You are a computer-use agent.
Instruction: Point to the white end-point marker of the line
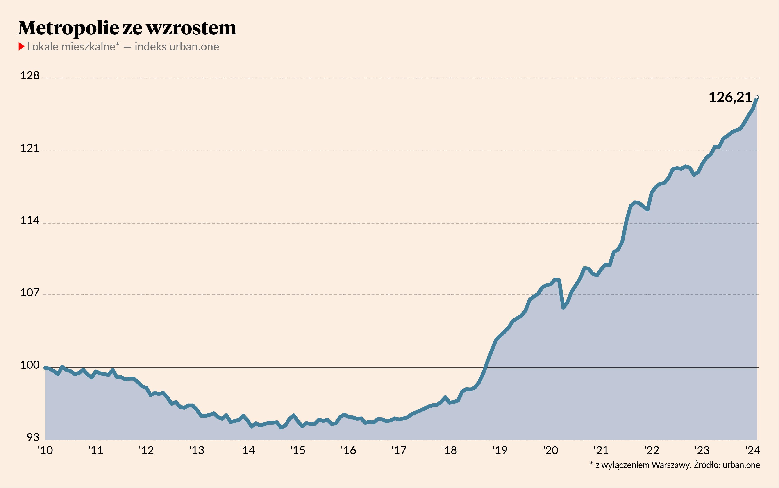[x=757, y=97]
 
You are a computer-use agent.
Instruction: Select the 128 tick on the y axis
[x=30, y=75]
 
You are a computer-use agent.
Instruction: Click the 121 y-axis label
[x=30, y=148]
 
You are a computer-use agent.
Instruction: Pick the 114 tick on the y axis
[x=30, y=220]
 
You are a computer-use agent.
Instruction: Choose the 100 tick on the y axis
[x=30, y=365]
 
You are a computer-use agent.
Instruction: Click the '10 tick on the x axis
[x=45, y=450]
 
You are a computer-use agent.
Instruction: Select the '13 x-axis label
[x=197, y=450]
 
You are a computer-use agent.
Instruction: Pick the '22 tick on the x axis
[x=651, y=450]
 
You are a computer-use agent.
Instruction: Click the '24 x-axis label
[x=752, y=450]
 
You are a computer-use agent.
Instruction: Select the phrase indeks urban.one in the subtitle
[x=177, y=47]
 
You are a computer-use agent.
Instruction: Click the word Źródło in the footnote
[x=707, y=465]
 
